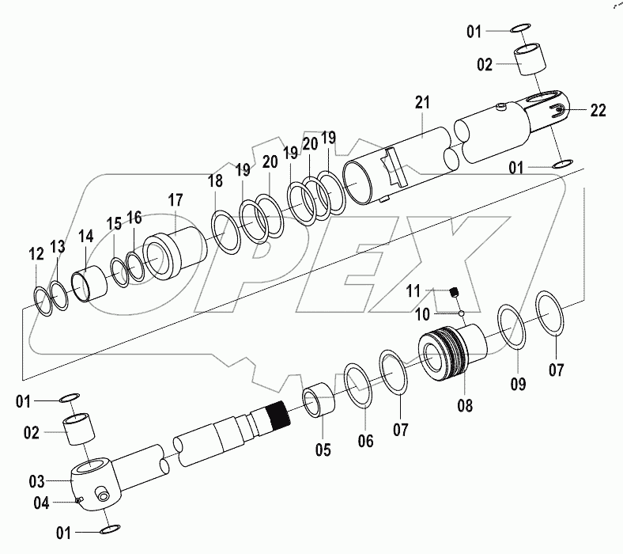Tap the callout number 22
pyautogui.click(x=598, y=110)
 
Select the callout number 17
pyautogui.click(x=174, y=200)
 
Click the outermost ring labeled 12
pyautogui.click(x=46, y=301)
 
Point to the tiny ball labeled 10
pyautogui.click(x=460, y=312)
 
